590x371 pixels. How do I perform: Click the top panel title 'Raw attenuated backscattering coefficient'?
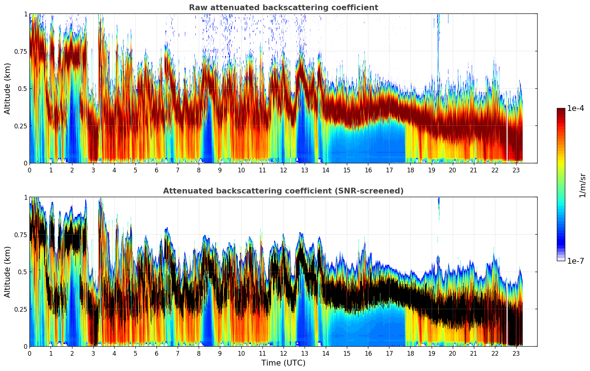283,8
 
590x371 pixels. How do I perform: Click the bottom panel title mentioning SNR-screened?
283,191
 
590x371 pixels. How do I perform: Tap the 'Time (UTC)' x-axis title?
283,363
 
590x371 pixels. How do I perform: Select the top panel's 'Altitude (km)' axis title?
8,88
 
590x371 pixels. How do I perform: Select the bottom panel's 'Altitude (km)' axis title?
8,272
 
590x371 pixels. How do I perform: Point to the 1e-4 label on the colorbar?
575,108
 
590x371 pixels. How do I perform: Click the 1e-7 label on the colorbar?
575,261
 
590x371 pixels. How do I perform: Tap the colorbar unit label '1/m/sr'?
582,185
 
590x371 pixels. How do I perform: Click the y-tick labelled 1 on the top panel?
25,14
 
